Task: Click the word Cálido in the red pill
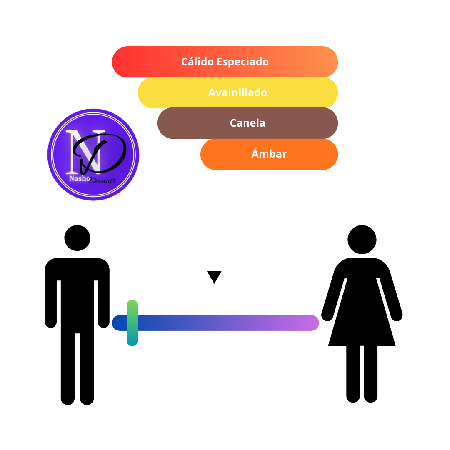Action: tap(197, 62)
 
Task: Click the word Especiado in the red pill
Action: tap(243, 62)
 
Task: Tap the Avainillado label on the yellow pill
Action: tap(238, 92)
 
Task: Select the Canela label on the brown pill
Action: tap(247, 123)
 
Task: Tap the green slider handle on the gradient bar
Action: tap(132, 323)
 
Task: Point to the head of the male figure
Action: tap(77, 238)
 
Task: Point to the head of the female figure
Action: tap(362, 239)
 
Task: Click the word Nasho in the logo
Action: tap(79, 178)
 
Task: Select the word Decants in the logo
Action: tap(102, 180)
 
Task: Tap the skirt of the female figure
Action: tap(362, 324)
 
